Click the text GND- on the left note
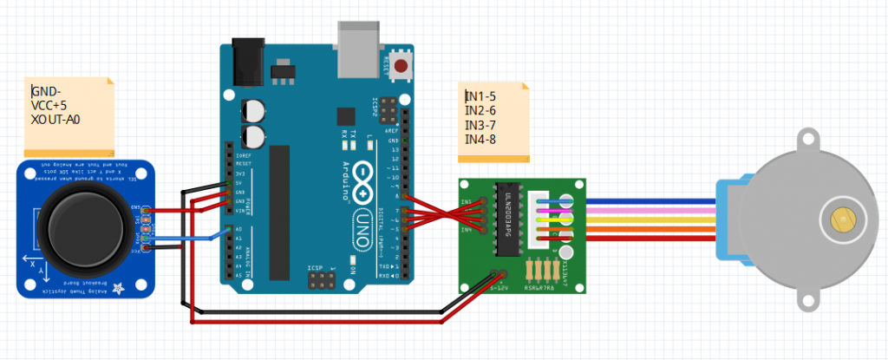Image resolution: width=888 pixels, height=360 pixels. [x=46, y=91]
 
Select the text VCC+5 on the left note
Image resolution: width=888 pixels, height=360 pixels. [x=49, y=105]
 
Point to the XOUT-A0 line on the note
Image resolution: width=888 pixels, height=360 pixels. [x=55, y=119]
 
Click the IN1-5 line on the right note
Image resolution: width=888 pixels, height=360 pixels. [x=480, y=96]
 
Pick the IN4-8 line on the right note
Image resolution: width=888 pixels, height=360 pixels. [x=480, y=139]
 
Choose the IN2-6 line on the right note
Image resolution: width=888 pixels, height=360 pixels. [x=480, y=110]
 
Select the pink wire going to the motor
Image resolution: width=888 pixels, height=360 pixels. [x=650, y=209]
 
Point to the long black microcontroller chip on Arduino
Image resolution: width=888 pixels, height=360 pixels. [x=279, y=213]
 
